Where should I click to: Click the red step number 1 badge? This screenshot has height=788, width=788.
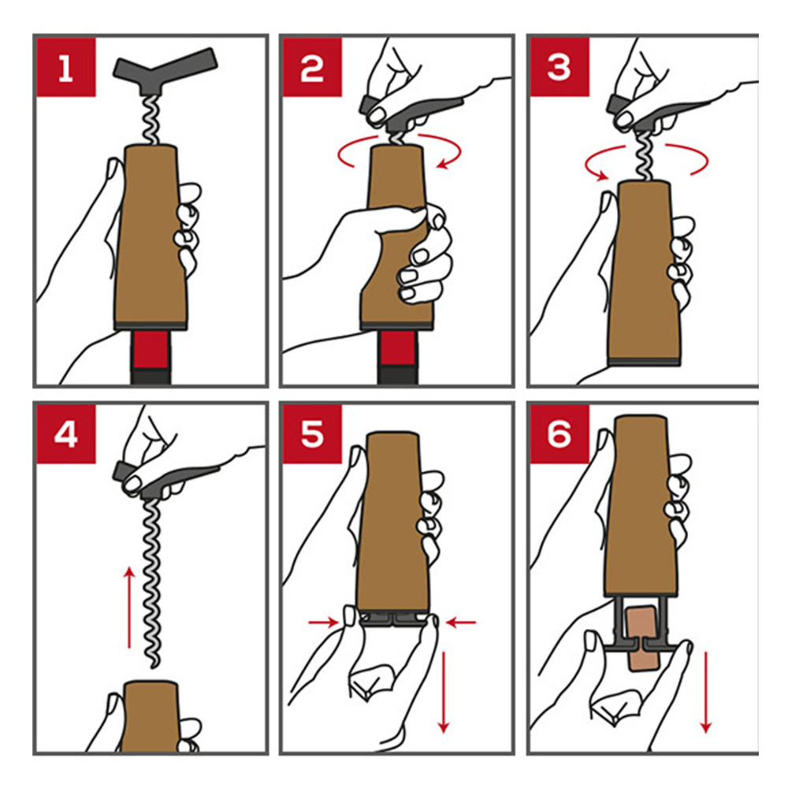66,67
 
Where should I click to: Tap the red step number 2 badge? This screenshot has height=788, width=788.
312,67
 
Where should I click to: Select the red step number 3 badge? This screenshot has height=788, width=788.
559,67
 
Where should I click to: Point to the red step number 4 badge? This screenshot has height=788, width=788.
66,434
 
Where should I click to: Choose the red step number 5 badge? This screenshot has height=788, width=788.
312,434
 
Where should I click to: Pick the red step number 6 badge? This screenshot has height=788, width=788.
559,434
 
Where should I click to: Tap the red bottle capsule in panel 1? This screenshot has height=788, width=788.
151,351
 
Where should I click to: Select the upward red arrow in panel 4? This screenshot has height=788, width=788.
130,608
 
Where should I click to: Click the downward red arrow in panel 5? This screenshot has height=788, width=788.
443,692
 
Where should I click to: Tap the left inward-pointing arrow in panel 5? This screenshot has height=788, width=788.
323,623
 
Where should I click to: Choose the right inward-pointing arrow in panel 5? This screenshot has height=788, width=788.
461,623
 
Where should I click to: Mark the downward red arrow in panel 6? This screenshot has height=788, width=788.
706,692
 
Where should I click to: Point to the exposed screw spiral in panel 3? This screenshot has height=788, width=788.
645,156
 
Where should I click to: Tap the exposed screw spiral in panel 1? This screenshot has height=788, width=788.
151,120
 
